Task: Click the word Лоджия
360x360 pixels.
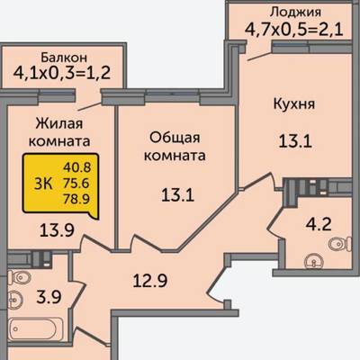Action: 295,13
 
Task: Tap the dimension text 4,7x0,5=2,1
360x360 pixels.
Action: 294,30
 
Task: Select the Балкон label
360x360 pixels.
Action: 64,57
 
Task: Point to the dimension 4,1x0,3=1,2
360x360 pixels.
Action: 62,73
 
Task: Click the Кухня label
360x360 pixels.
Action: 294,104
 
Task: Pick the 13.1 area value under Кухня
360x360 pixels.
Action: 295,141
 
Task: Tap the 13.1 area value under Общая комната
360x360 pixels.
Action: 177,195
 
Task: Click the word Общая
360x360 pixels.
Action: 175,138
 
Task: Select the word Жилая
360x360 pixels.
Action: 59,123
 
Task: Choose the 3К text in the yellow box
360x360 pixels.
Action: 43,184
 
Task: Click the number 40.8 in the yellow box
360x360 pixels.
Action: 76,167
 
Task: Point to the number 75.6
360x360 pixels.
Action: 76,183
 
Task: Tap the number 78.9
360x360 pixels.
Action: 76,199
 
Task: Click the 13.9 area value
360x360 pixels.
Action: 57,230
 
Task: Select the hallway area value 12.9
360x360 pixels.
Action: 150,281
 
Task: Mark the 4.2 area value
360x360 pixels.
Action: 319,224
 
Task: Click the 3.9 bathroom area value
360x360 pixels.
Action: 49,297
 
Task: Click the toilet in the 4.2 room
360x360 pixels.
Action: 340,244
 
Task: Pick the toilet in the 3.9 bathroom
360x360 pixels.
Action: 19,276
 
